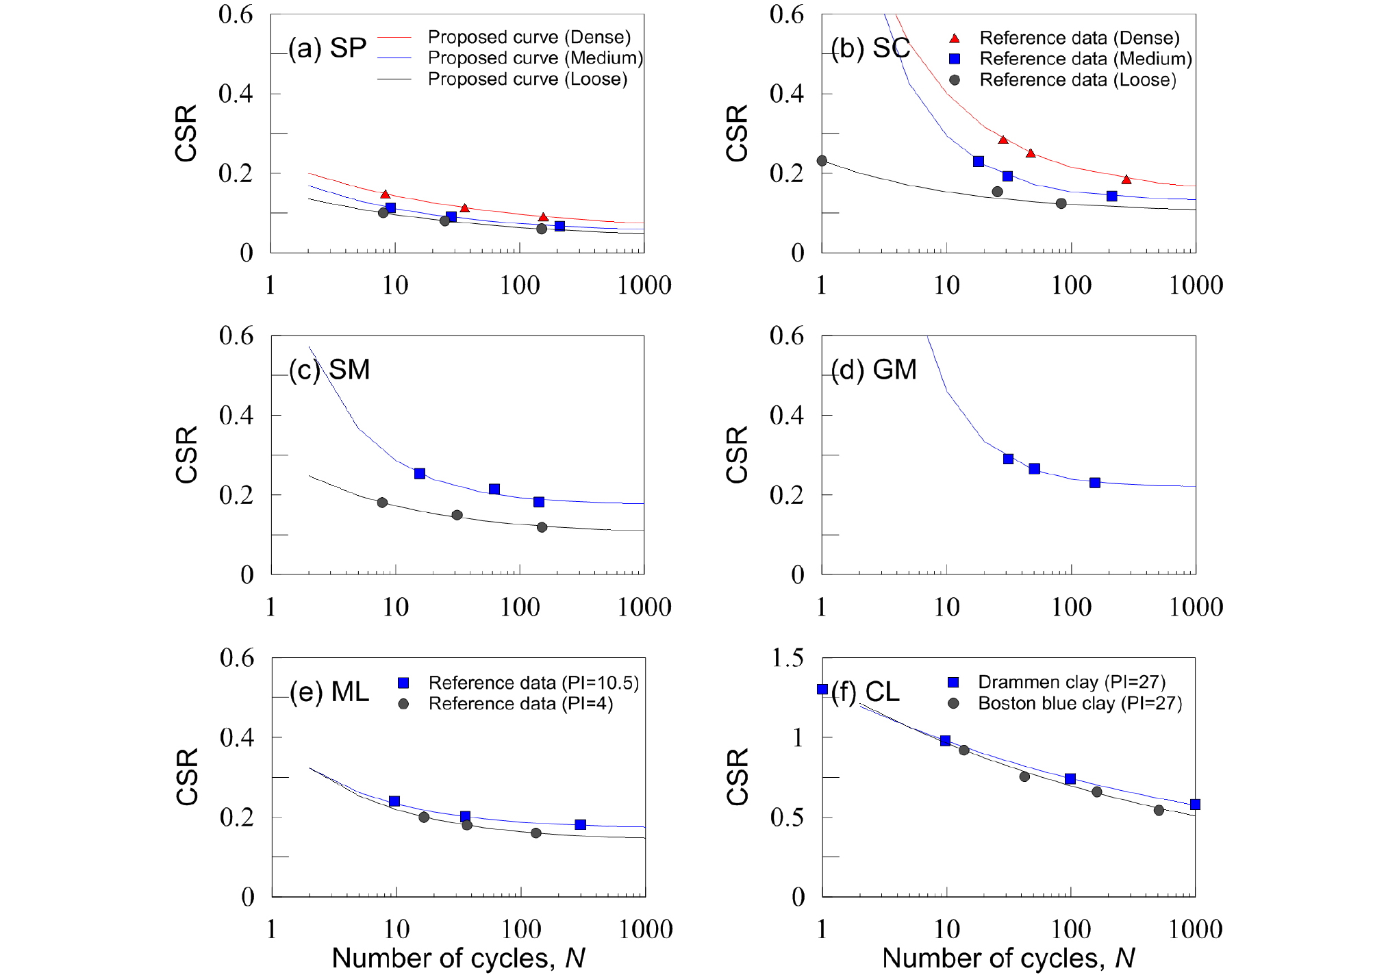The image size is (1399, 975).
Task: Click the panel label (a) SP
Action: (x=327, y=48)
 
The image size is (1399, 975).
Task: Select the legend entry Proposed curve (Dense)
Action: (x=529, y=37)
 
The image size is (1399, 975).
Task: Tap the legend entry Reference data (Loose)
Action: (x=1077, y=80)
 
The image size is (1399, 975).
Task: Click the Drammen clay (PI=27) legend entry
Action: (x=1071, y=682)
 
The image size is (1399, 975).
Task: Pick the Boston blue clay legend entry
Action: (x=1079, y=703)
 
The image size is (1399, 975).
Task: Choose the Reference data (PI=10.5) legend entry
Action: (x=533, y=683)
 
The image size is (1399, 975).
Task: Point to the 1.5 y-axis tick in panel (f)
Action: (x=787, y=658)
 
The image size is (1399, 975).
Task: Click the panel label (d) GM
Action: (x=874, y=370)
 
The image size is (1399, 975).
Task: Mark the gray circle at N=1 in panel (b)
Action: (x=822, y=161)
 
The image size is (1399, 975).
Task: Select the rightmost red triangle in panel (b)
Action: (x=1126, y=179)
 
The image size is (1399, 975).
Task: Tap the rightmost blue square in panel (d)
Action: (x=1095, y=483)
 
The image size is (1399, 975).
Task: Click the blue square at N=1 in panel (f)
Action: (x=822, y=689)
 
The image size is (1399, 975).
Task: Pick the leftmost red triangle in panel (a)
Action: (x=385, y=195)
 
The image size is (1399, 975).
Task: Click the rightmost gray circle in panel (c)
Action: (x=542, y=527)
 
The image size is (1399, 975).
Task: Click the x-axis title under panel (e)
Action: (x=458, y=958)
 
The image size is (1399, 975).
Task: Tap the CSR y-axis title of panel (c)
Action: (x=186, y=455)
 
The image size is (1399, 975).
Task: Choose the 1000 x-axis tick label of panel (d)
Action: (x=1196, y=607)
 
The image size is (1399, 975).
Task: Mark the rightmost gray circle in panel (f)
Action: (x=1159, y=810)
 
